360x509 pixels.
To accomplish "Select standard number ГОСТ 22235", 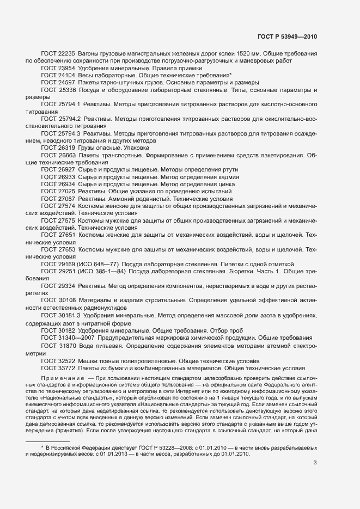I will click(58, 54).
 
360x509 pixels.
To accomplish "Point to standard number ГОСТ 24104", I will click(58, 75).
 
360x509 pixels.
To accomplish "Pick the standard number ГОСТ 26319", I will click(58, 148).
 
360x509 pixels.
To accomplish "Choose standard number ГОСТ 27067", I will click(58, 199).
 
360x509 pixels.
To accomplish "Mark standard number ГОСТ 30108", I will click(58, 300).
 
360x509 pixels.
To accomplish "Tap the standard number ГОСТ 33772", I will click(58, 368).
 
